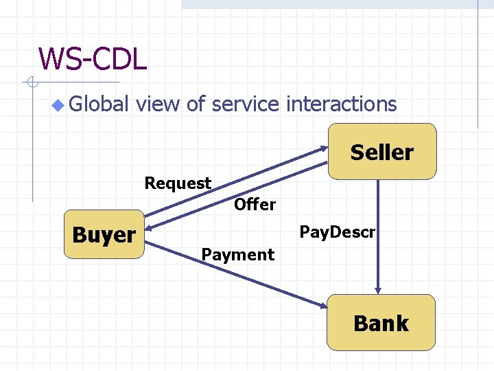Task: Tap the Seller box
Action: (x=382, y=152)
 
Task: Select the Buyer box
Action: (x=104, y=235)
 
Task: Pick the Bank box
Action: (x=381, y=323)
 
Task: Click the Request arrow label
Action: (x=178, y=183)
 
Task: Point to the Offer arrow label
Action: (x=255, y=204)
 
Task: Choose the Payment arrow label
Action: (x=237, y=255)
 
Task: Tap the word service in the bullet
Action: (x=246, y=104)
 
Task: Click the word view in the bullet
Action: (x=158, y=104)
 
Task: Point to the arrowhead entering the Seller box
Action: (x=324, y=148)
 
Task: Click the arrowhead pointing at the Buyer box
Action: (x=150, y=227)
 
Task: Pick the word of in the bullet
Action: (x=196, y=104)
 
